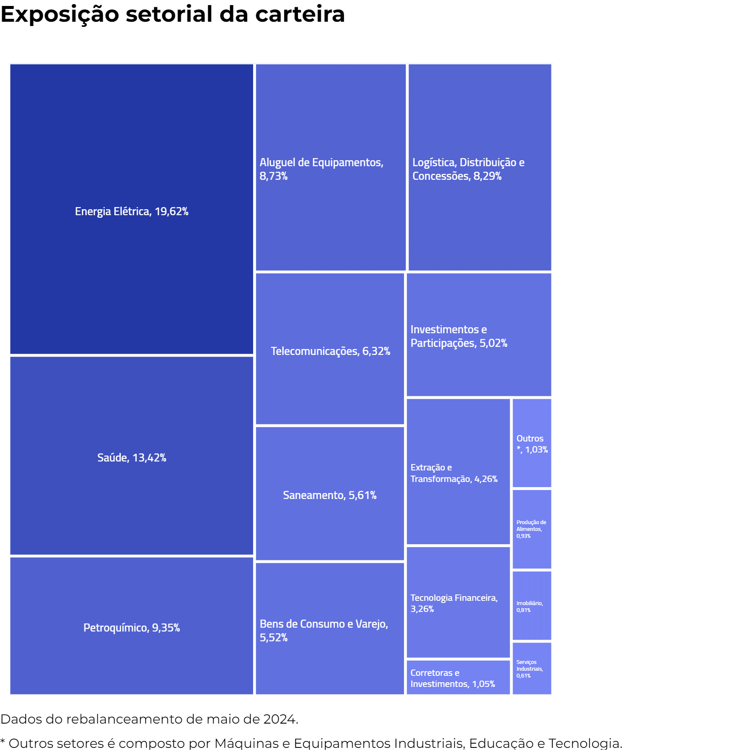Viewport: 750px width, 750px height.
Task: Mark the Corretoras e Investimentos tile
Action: coord(458,678)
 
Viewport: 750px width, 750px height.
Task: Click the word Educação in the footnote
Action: coord(501,743)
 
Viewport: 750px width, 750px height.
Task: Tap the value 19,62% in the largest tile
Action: coord(171,211)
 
